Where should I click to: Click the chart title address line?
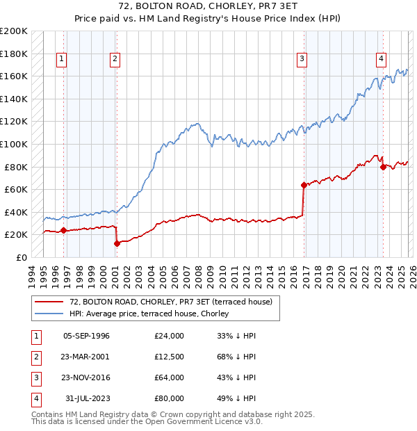[209, 6]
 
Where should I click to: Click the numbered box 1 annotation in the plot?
[63, 60]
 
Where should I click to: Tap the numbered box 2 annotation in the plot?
[114, 60]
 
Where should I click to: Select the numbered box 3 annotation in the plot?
[302, 60]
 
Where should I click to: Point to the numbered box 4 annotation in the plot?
[382, 60]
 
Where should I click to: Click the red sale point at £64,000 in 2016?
[304, 185]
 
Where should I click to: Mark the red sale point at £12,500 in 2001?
[117, 243]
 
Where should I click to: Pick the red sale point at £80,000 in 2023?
[383, 167]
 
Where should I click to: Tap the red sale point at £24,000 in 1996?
[63, 230]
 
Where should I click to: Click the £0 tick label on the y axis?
[21, 257]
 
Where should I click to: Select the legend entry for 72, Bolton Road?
[165, 302]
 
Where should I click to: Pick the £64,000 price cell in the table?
[170, 377]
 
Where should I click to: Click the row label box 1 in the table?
[34, 336]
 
